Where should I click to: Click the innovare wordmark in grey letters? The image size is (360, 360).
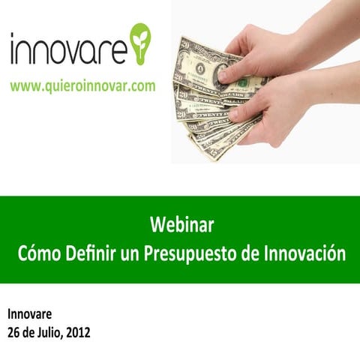pyautogui.click(x=67, y=50)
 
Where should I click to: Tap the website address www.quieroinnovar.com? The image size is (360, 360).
pyautogui.click(x=82, y=86)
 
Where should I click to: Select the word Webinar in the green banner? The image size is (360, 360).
pyautogui.click(x=182, y=224)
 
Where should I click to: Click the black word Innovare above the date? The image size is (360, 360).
pyautogui.click(x=30, y=314)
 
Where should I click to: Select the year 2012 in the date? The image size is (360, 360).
pyautogui.click(x=77, y=331)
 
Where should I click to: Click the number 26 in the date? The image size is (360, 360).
pyautogui.click(x=13, y=331)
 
